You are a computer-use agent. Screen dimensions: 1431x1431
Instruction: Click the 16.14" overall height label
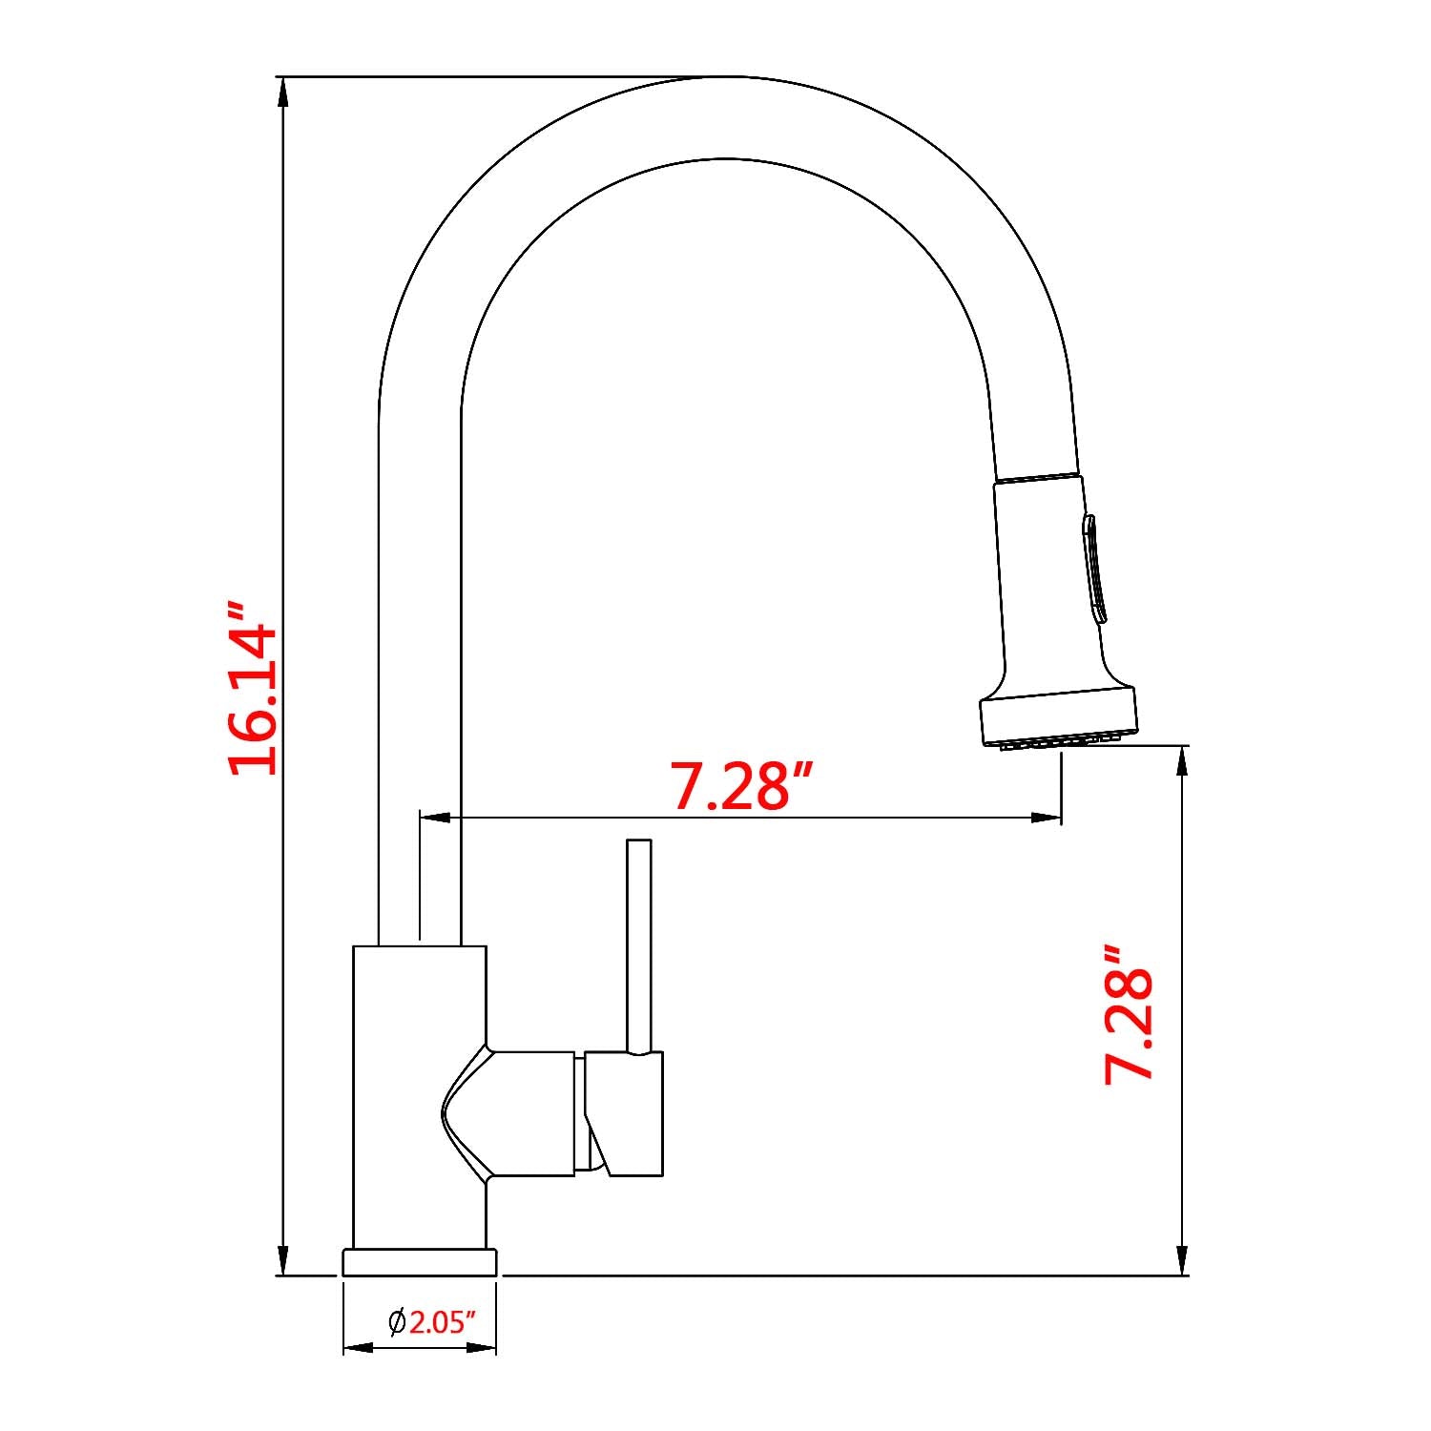point(253,688)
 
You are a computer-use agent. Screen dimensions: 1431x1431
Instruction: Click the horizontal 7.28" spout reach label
point(743,785)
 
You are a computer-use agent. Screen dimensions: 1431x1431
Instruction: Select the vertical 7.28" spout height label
point(1129,1014)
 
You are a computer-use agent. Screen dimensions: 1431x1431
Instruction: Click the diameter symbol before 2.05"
point(397,1321)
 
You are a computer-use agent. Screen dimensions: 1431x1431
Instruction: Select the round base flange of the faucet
point(420,1261)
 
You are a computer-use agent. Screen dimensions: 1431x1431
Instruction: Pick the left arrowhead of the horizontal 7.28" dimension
point(435,818)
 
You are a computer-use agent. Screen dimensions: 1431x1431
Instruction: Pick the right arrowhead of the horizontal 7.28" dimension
point(1047,818)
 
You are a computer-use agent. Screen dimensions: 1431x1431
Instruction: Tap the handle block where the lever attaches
point(625,1113)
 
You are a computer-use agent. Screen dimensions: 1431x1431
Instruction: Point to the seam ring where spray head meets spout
point(1037,476)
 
